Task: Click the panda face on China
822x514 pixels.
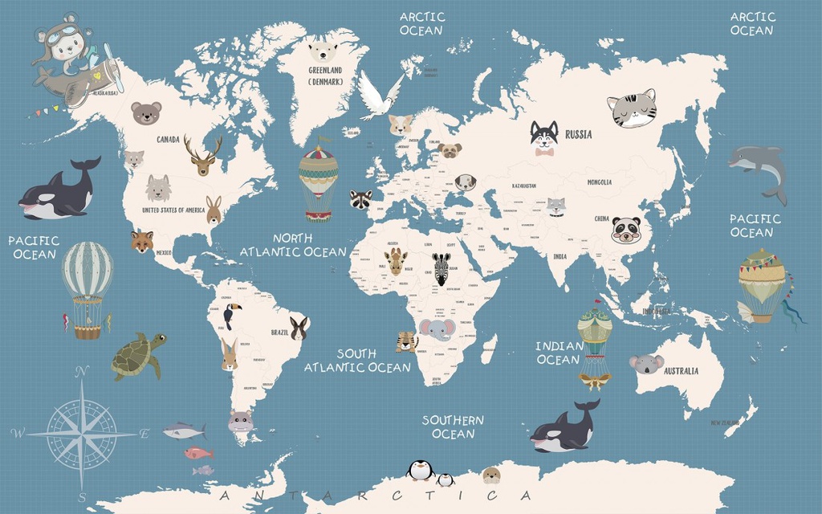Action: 625,230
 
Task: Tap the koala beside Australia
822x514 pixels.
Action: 645,364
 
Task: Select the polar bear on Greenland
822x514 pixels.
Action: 323,53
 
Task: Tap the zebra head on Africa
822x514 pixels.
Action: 442,268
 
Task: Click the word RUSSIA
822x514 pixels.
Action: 579,135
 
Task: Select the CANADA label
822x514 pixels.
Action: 168,139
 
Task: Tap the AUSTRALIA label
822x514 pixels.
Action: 681,371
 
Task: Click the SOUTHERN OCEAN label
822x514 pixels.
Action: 454,426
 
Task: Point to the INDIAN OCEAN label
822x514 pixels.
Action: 560,353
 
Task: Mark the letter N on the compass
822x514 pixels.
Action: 80,370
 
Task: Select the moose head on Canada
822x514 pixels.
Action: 202,156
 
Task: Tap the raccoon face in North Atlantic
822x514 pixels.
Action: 360,199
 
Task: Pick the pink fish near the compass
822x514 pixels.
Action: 198,453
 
